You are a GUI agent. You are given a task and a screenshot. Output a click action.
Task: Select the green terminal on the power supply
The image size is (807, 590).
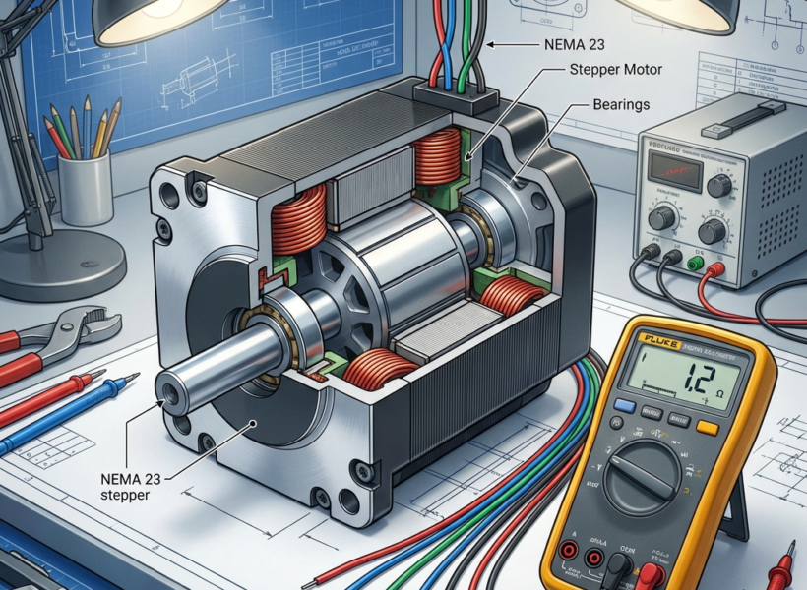coord(696,264)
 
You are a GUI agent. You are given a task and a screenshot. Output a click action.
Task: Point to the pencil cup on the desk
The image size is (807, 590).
coord(87,188)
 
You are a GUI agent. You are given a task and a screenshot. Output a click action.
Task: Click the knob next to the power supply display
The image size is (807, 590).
coord(719,185)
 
